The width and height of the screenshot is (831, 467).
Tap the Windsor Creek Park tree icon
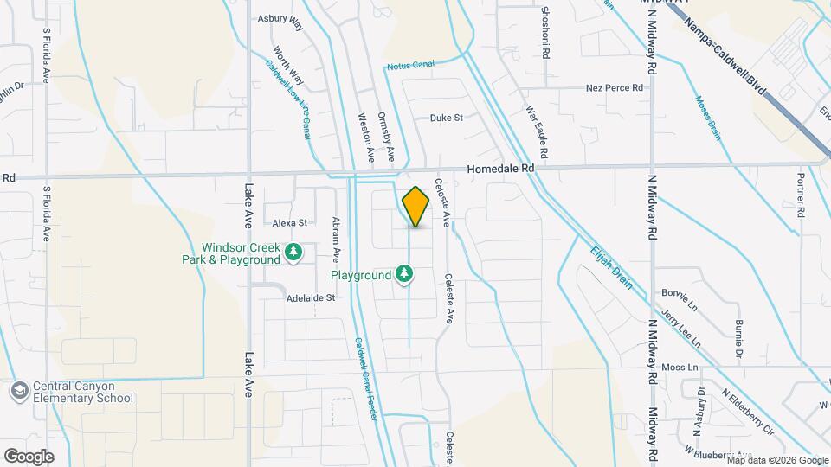293,252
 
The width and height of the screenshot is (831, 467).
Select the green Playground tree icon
403,275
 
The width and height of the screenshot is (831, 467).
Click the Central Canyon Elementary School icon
16,392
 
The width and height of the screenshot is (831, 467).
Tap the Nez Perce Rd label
615,88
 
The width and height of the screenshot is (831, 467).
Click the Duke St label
447,118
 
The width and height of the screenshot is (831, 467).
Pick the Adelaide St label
311,298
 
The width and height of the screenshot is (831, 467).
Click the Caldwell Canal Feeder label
365,377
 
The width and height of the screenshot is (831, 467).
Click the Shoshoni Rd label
545,33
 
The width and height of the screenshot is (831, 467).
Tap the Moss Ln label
680,368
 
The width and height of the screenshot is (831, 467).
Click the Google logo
29,456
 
